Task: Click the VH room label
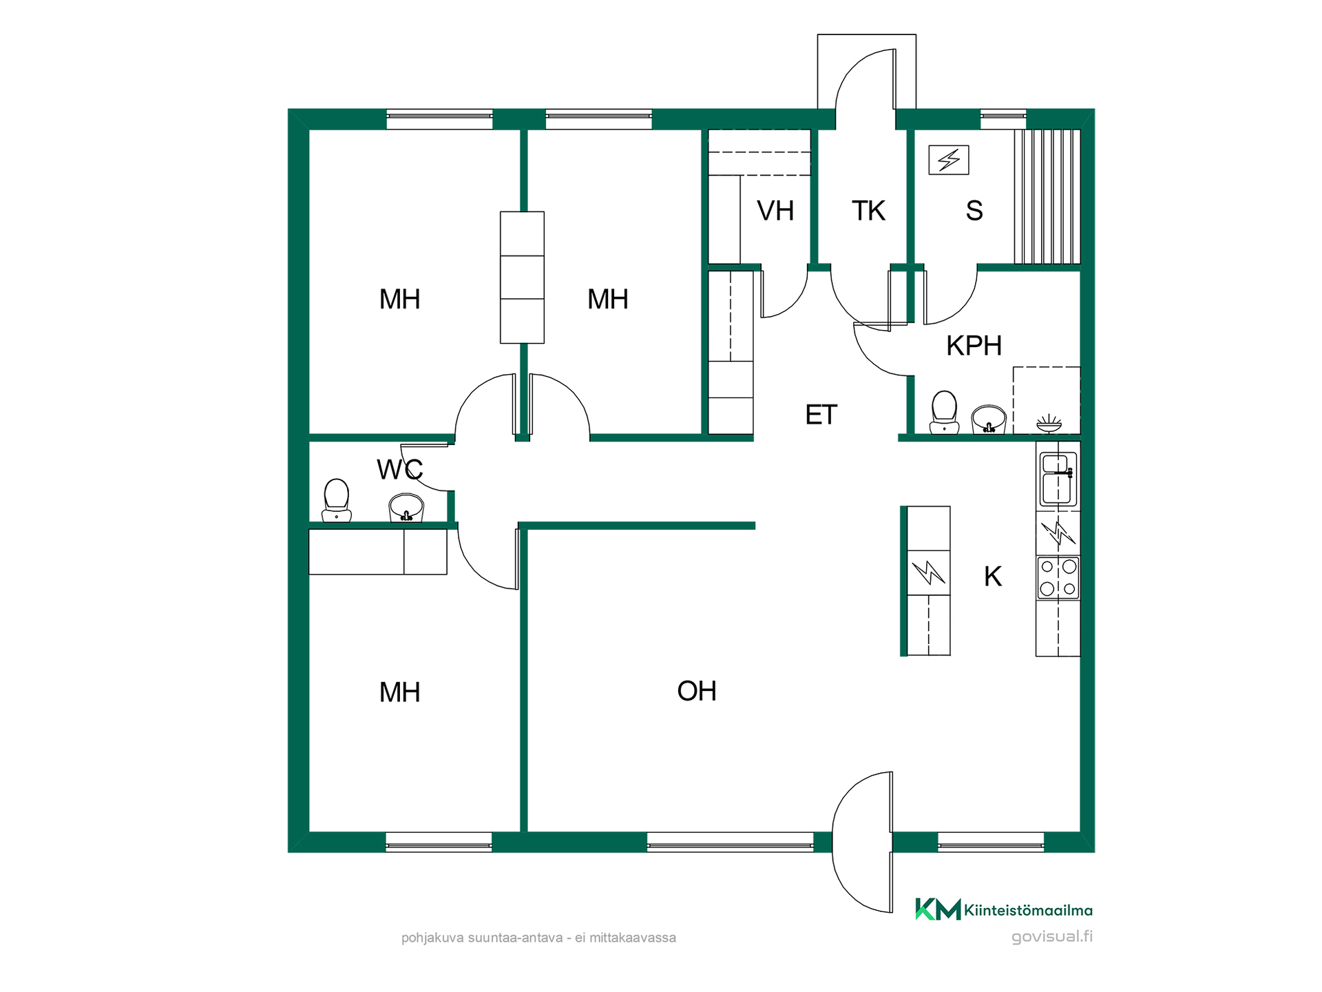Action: pyautogui.click(x=775, y=211)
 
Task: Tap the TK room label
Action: pyautogui.click(x=868, y=211)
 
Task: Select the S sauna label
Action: pyautogui.click(x=974, y=211)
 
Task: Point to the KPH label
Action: pyautogui.click(x=974, y=346)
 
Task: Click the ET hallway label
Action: pyautogui.click(x=821, y=415)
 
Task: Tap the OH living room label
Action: pyautogui.click(x=697, y=691)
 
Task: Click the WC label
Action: pyautogui.click(x=400, y=470)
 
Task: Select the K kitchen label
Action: pyautogui.click(x=993, y=577)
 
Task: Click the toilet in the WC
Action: pyautogui.click(x=337, y=500)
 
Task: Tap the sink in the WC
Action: pyautogui.click(x=406, y=508)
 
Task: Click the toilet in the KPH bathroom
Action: pyautogui.click(x=944, y=413)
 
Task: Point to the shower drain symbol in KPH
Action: pyautogui.click(x=1049, y=423)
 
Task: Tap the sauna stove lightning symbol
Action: pyautogui.click(x=949, y=160)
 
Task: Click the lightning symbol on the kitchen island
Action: pyautogui.click(x=929, y=572)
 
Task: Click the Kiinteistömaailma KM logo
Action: pyautogui.click(x=938, y=909)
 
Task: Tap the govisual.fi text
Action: pyautogui.click(x=1052, y=937)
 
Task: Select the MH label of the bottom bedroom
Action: pyautogui.click(x=399, y=692)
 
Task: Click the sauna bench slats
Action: pyautogui.click(x=1047, y=196)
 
